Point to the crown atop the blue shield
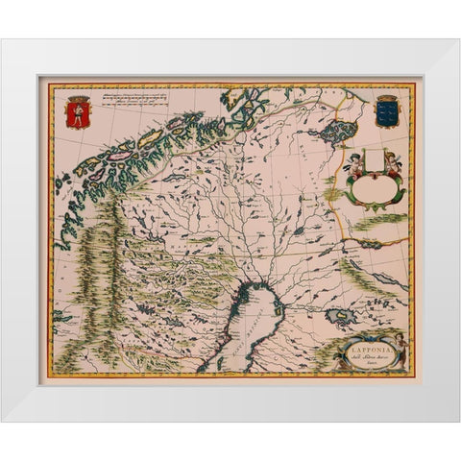386,98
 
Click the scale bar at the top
134,98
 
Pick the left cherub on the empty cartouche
356,161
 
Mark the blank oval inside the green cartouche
376,184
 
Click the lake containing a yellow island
337,316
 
